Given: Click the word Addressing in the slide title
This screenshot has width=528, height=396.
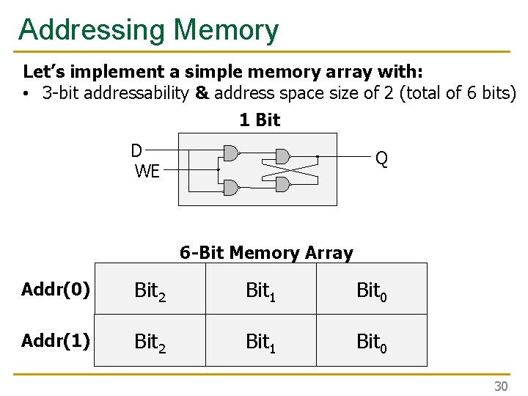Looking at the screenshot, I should [92, 30].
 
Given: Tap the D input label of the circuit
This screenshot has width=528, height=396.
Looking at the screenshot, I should [136, 151].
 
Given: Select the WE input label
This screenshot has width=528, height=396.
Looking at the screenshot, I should [147, 172].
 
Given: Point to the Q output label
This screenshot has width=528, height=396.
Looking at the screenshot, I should [381, 158].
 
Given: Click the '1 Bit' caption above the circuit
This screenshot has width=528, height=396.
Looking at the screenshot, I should [260, 120].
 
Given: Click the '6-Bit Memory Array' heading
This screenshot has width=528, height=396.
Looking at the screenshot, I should [266, 253].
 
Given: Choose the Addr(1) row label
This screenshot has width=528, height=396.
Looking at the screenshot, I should [56, 340].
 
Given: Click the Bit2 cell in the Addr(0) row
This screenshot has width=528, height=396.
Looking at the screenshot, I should [150, 291].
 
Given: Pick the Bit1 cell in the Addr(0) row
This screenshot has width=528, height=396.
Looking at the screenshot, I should [260, 291].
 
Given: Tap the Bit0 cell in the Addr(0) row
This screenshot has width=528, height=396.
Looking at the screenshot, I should [372, 291].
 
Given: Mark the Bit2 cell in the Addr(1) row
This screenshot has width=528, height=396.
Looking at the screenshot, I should [150, 342].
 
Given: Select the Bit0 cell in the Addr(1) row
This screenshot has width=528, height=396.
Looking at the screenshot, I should [372, 342].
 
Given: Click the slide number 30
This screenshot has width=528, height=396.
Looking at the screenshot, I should [501, 386].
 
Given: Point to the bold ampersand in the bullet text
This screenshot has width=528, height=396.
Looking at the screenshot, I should [202, 94].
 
